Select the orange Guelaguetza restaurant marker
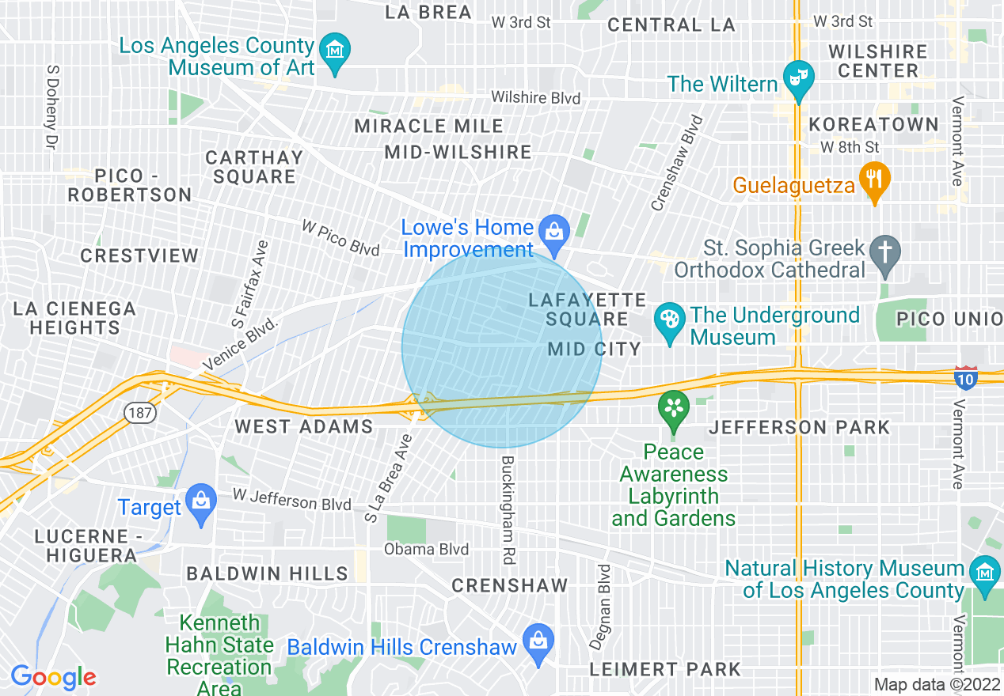tap(874, 180)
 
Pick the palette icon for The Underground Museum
tap(670, 321)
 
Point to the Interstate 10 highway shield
tap(965, 376)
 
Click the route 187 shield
tap(134, 412)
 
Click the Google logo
tap(53, 677)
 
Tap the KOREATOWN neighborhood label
tap(873, 125)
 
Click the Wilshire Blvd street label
tap(536, 98)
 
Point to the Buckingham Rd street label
tap(508, 509)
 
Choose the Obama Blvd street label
tap(426, 549)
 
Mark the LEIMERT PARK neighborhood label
tap(665, 669)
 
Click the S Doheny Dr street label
tap(52, 108)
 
